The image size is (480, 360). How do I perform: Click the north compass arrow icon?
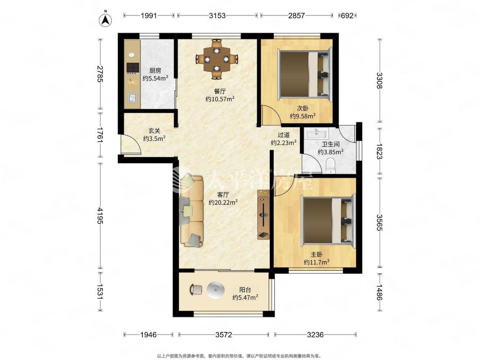pyautogui.click(x=105, y=20)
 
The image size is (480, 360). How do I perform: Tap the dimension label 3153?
pyautogui.click(x=217, y=15)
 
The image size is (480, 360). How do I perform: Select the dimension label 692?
pyautogui.click(x=347, y=15)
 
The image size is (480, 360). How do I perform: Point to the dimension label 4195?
pyautogui.click(x=100, y=215)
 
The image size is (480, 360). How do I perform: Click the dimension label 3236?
pyautogui.click(x=315, y=334)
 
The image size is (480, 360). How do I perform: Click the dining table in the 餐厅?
pyautogui.click(x=216, y=59)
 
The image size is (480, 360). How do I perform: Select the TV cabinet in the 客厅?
pyautogui.click(x=263, y=215)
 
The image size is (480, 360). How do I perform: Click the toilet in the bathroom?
pyautogui.click(x=330, y=165)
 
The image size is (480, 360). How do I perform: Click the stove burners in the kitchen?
pyautogui.click(x=133, y=68)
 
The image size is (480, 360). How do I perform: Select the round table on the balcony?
pyautogui.click(x=216, y=290)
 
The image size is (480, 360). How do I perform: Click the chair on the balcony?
pyautogui.click(x=196, y=289)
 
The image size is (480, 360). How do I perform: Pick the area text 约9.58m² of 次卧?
pyautogui.click(x=302, y=116)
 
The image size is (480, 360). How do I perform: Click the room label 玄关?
pyautogui.click(x=154, y=131)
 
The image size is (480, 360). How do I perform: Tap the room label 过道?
pyautogui.click(x=284, y=135)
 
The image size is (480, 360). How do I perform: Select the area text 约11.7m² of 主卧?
pyautogui.click(x=317, y=262)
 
